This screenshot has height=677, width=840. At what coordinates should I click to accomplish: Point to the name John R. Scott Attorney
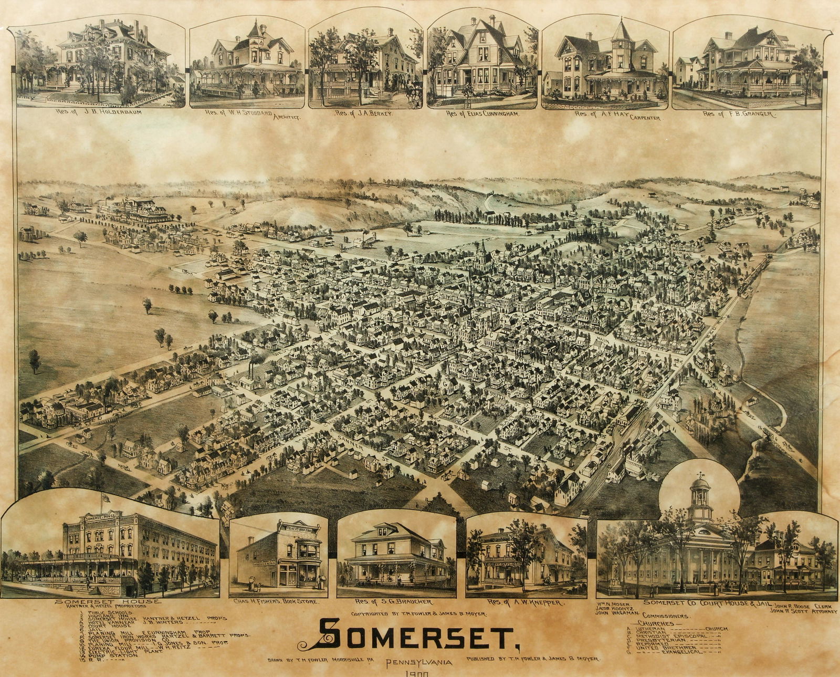pyautogui.click(x=803, y=611)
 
